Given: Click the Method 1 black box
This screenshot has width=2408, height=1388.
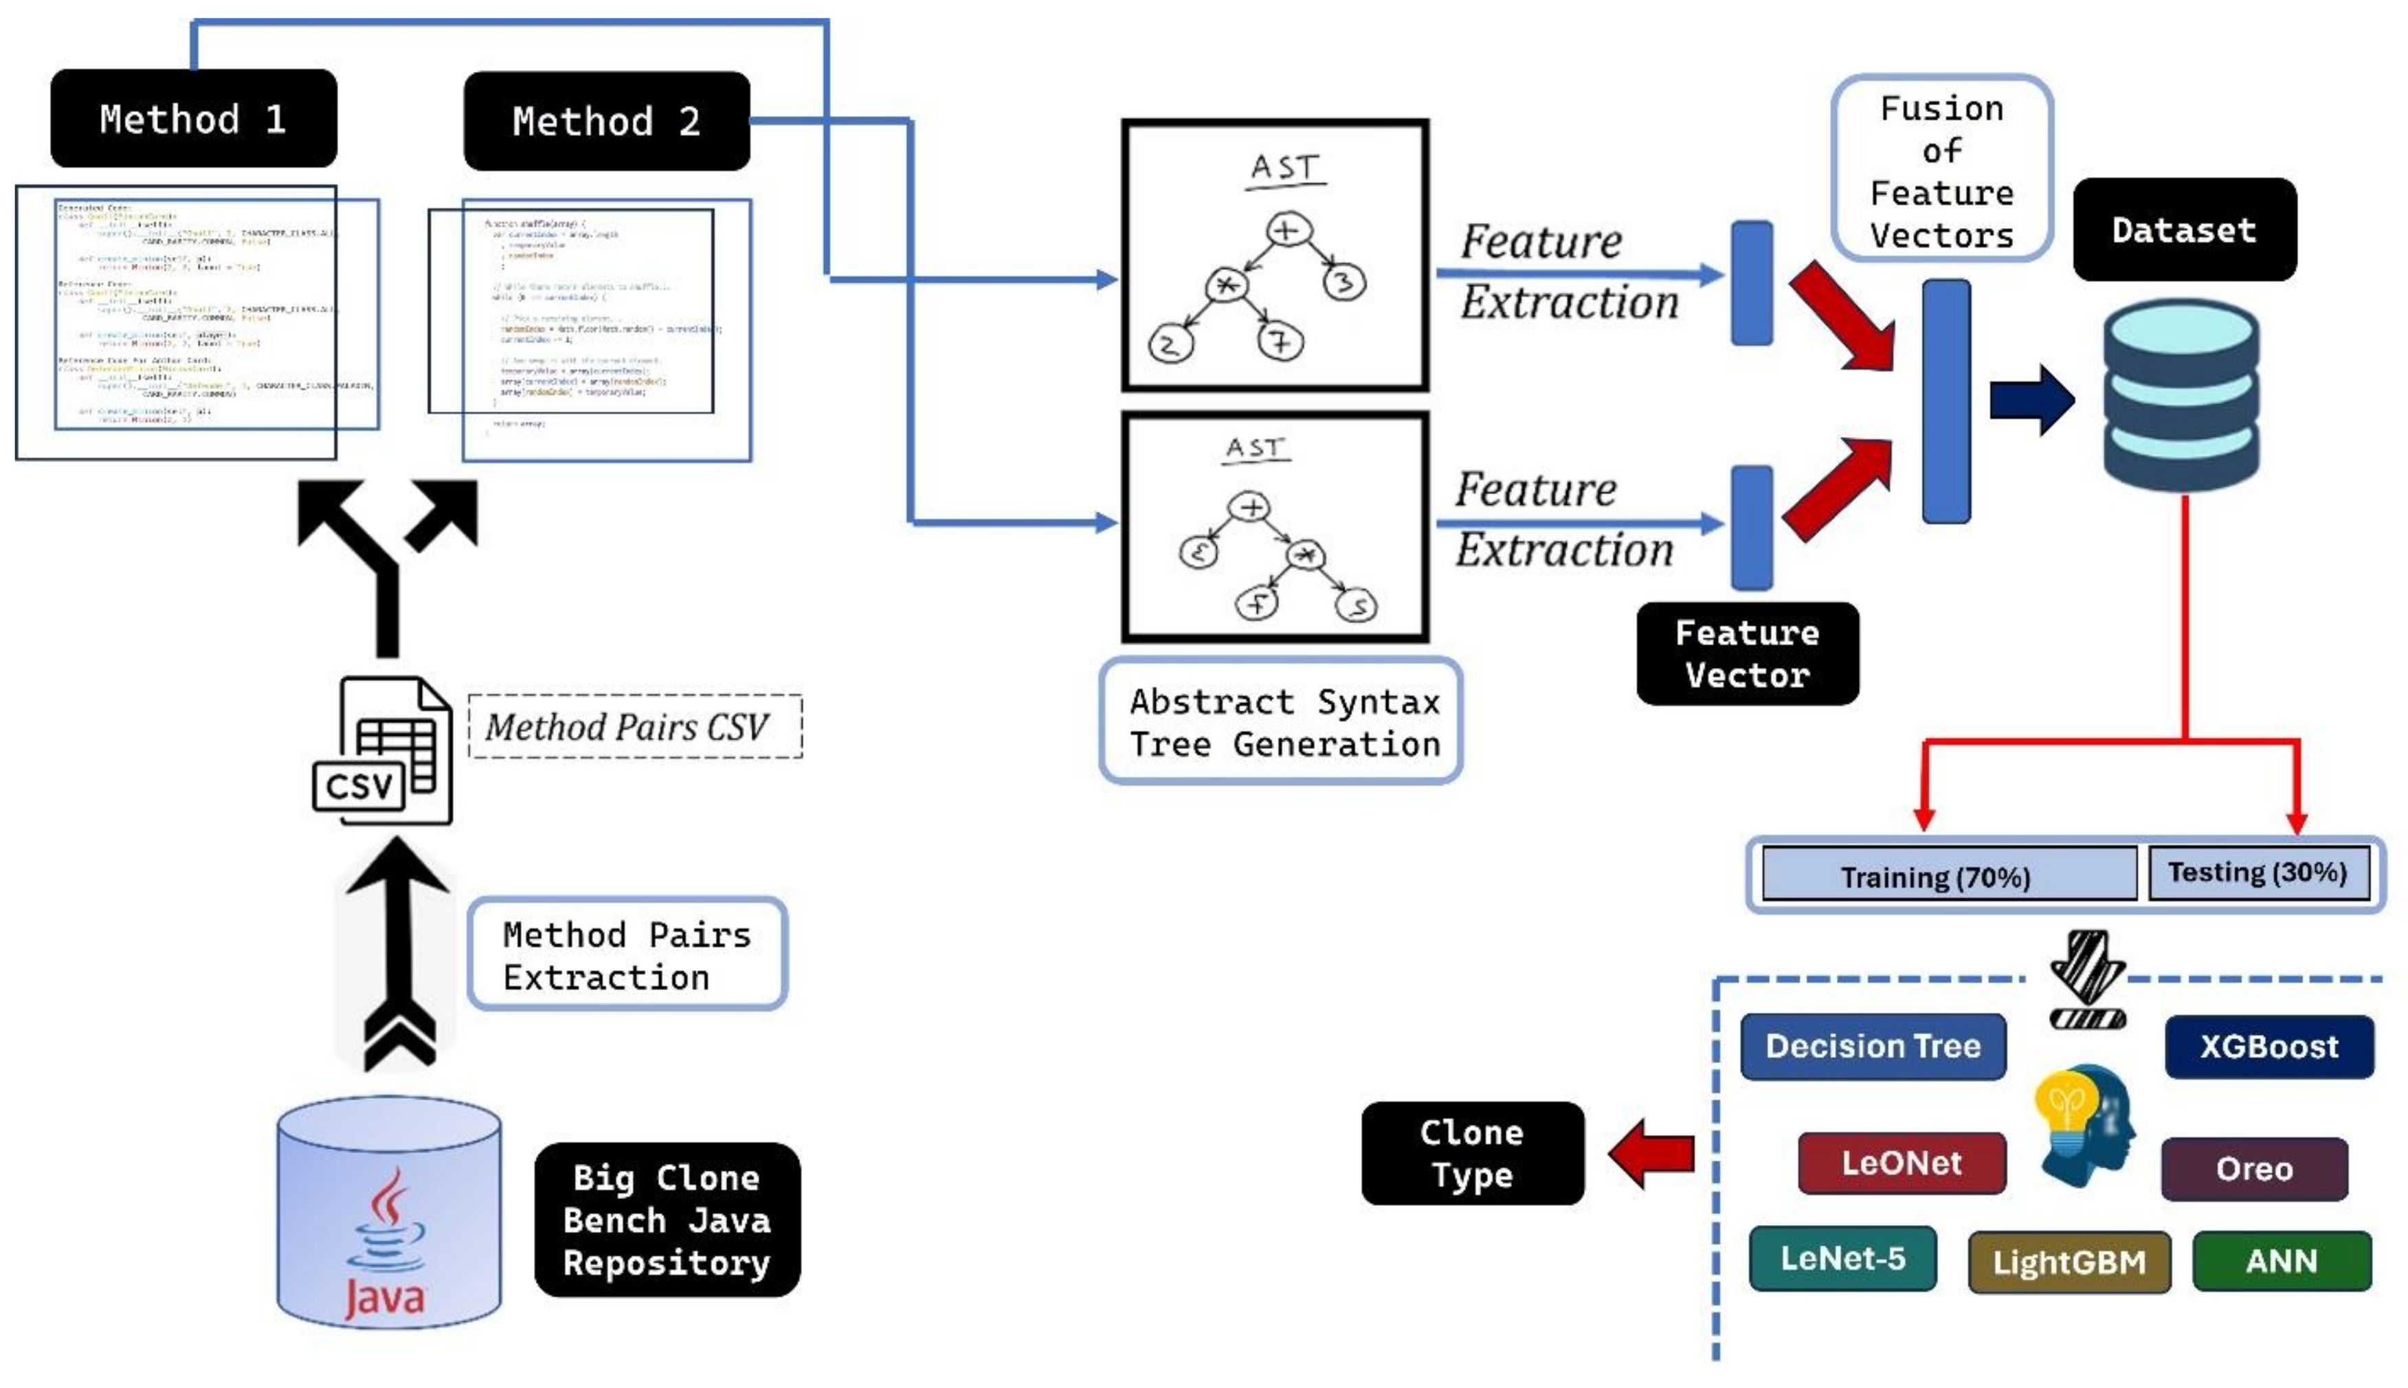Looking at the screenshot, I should pyautogui.click(x=194, y=119).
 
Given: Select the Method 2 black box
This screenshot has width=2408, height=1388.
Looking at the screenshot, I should pyautogui.click(x=606, y=121).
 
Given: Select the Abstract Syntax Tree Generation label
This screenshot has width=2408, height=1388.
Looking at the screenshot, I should pyautogui.click(x=1280, y=721).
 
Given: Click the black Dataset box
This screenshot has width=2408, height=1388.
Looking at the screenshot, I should pyautogui.click(x=2183, y=230).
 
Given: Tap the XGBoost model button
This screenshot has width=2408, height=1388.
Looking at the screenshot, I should pyautogui.click(x=2268, y=1046).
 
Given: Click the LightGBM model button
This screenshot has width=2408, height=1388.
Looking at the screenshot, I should pyautogui.click(x=2068, y=1261).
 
